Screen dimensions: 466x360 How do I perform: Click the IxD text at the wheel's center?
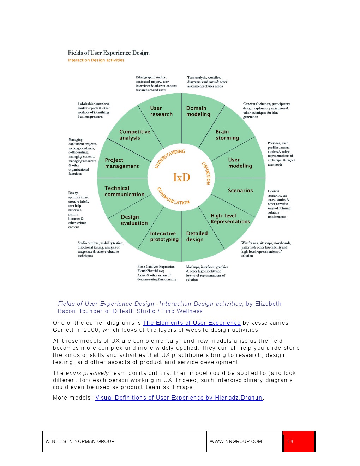tap(181, 177)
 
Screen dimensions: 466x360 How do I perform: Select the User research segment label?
tap(161, 111)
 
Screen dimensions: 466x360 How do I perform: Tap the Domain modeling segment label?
tap(198, 111)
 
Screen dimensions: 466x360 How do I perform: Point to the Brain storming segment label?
tap(227, 135)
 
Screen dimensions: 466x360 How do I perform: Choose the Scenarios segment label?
tap(240, 191)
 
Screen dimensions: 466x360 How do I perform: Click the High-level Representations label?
tap(230, 219)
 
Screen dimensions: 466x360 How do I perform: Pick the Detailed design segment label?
tap(197, 237)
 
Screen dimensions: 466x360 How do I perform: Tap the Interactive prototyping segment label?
tap(164, 237)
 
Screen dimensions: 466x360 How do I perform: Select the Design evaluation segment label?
tap(134, 220)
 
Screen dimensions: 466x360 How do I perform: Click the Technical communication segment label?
tap(124, 191)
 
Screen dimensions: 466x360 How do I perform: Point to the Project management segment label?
tap(122, 163)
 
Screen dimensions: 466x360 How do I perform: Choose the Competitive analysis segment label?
tap(134, 135)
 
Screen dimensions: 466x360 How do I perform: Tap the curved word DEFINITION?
tap(206, 173)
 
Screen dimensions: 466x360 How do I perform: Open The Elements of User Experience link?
tap(192, 323)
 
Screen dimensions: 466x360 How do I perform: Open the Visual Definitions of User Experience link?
tap(179, 398)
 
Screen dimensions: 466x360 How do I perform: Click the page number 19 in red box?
tap(290, 442)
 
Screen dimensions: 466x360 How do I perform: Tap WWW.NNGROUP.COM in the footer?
tap(236, 441)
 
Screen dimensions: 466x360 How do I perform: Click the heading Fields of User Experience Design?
tap(109, 53)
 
